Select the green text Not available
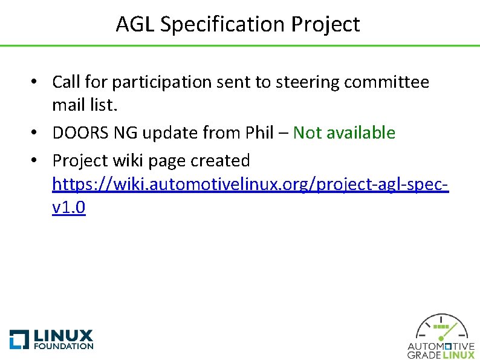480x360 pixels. (x=344, y=133)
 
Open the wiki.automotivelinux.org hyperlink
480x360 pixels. (x=250, y=184)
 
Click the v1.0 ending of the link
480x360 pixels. (x=69, y=208)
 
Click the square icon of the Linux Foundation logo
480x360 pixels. (x=19, y=339)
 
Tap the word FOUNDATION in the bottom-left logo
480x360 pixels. (x=64, y=347)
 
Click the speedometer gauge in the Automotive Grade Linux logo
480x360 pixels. (x=441, y=328)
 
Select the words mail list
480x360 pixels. (x=85, y=106)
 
